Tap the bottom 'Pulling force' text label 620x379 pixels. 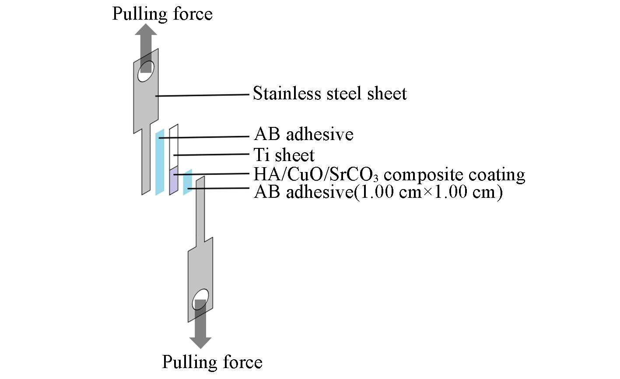(x=212, y=362)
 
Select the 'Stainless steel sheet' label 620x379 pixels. (x=330, y=93)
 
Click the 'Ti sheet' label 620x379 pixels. (x=284, y=155)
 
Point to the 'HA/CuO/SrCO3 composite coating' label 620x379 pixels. (x=389, y=175)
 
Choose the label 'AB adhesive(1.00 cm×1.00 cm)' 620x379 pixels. (x=378, y=192)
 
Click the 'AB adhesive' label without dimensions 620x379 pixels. (x=304, y=134)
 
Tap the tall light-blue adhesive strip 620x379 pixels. (x=160, y=162)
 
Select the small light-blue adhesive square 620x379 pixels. (x=188, y=182)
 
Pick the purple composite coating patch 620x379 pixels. (x=174, y=181)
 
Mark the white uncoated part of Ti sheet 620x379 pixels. (x=174, y=147)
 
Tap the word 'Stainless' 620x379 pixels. (x=283, y=93)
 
